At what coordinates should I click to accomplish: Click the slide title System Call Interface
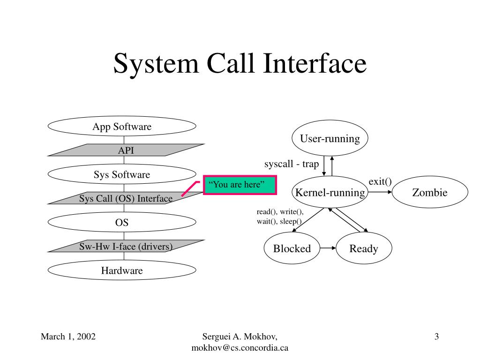pos(240,64)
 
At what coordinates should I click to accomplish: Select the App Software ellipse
pos(122,127)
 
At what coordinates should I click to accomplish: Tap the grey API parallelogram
pos(125,150)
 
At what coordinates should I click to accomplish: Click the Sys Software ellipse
pos(122,175)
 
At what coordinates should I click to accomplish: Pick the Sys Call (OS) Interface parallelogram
pos(125,199)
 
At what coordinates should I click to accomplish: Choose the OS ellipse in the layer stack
pos(122,223)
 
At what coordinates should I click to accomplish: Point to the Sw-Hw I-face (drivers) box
pos(125,246)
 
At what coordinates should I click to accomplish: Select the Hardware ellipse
pos(122,270)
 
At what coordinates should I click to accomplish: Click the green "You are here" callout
pos(240,185)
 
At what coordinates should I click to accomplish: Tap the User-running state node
pos(330,139)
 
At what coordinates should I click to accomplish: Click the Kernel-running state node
pos(330,193)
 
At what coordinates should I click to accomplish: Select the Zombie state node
pos(429,193)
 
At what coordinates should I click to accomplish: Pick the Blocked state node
pos(292,248)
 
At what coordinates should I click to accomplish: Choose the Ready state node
pos(363,248)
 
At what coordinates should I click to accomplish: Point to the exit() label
pos(380,181)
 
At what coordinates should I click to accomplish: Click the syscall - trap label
pos(291,164)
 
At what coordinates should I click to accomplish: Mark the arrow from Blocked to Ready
pos(328,248)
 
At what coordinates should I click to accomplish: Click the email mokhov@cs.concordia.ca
pos(240,347)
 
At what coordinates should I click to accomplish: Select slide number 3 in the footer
pos(436,336)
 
